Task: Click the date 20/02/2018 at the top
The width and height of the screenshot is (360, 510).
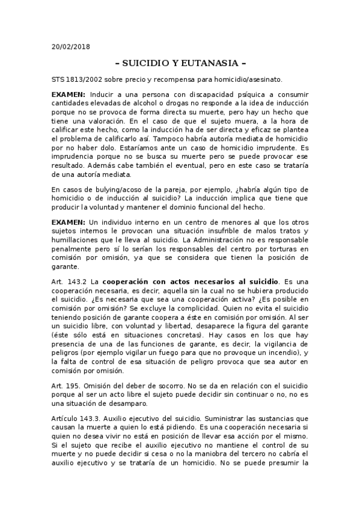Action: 70,46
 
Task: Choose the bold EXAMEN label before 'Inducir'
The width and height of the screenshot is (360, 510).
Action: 69,95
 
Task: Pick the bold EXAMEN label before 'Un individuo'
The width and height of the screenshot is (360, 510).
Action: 69,223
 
